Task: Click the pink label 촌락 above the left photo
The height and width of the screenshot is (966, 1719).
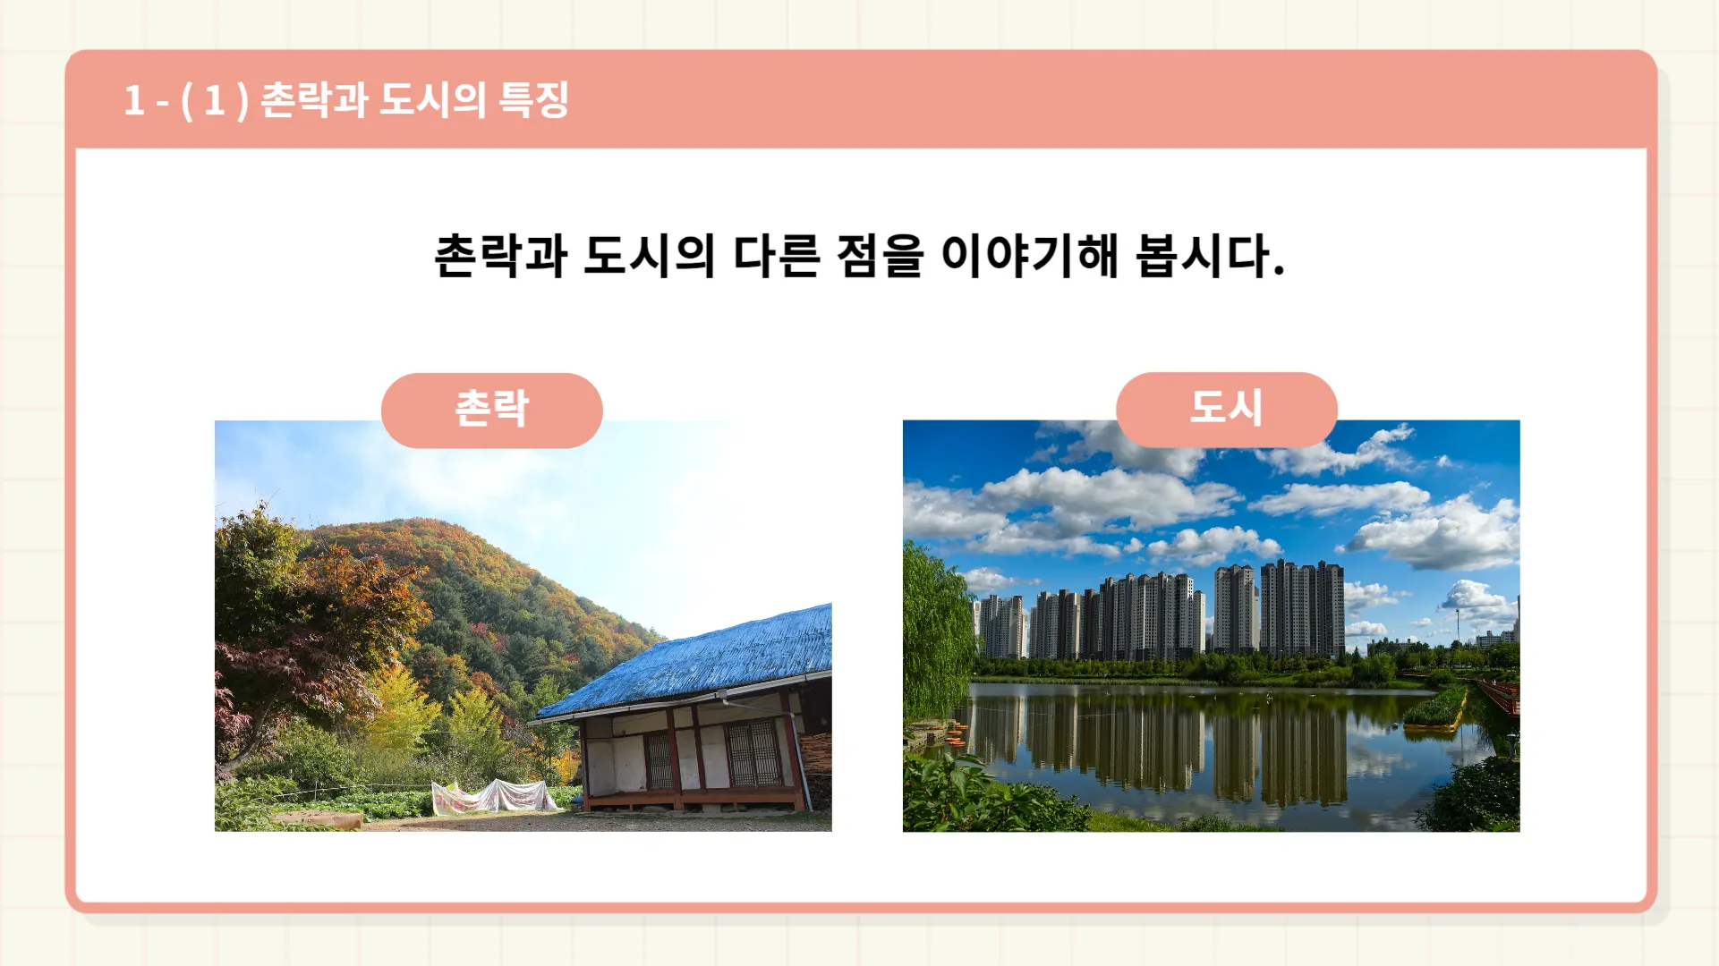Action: click(491, 410)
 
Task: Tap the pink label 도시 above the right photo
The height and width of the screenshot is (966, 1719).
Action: click(1226, 409)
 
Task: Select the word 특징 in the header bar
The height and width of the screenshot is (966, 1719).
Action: click(533, 99)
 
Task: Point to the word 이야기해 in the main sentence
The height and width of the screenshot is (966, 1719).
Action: click(1029, 256)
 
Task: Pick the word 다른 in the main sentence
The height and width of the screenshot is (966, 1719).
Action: click(776, 256)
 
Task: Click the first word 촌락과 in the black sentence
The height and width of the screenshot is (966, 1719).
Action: click(500, 256)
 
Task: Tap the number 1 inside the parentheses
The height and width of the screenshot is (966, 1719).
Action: click(214, 100)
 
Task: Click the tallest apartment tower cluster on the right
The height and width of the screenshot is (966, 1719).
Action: click(1302, 609)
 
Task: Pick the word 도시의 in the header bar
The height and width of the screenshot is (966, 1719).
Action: click(432, 99)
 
